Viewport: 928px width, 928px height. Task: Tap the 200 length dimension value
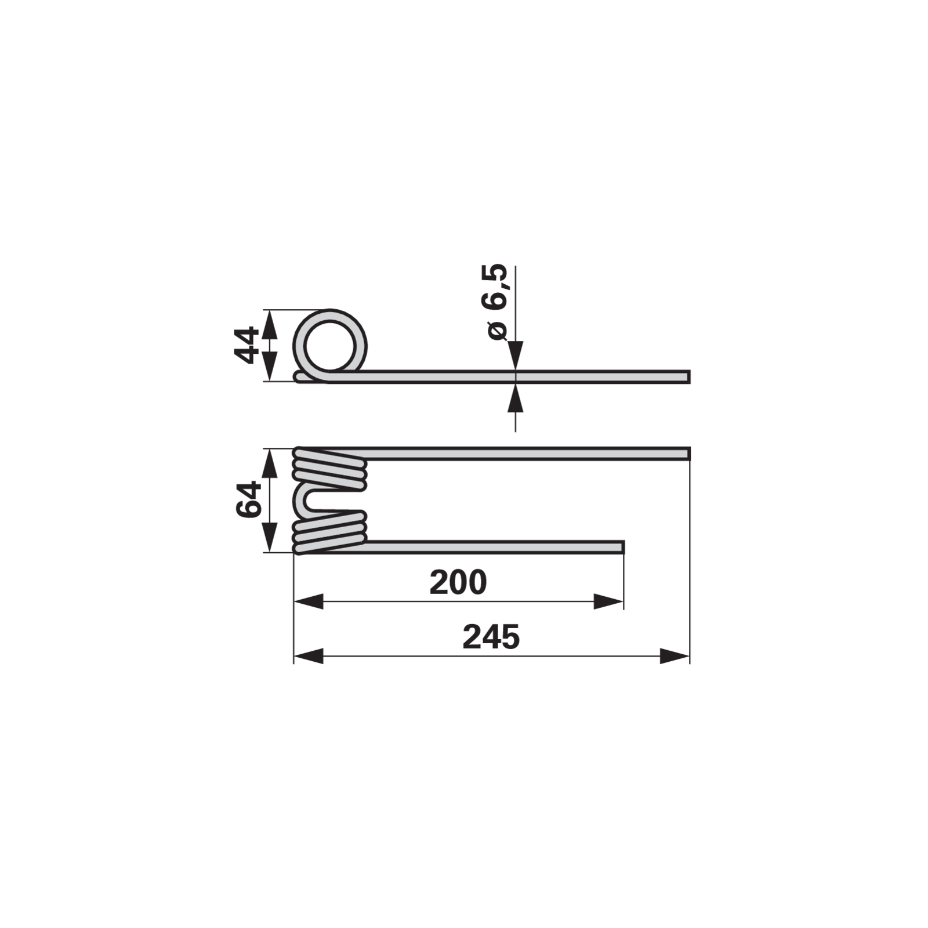coord(458,582)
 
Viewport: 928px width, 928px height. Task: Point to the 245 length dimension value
coord(491,637)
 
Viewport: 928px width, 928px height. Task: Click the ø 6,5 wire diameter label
coord(498,302)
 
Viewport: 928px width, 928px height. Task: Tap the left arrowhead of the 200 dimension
coord(308,601)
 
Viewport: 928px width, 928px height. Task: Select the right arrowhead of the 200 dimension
coord(609,601)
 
